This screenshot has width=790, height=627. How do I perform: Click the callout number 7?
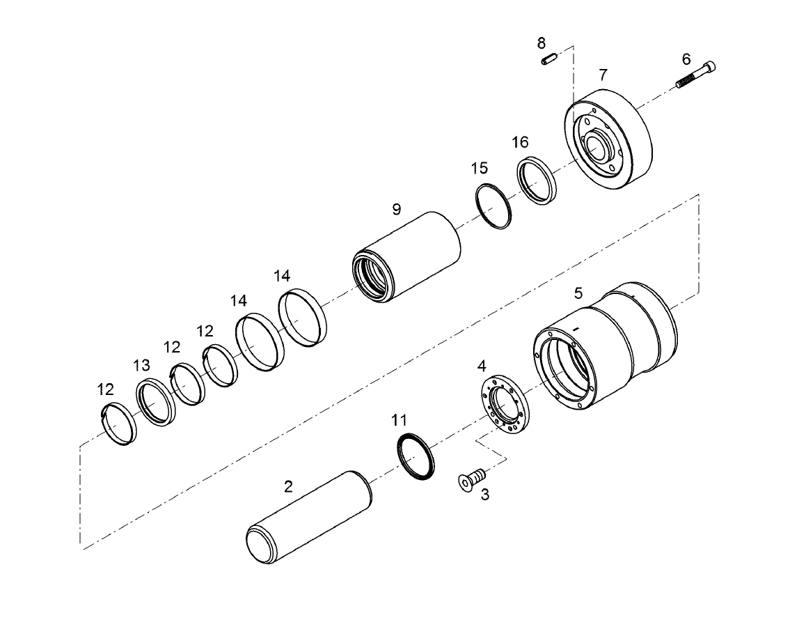[603, 74]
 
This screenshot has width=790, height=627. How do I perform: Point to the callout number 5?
[578, 293]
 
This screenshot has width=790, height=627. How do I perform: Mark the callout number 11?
[398, 420]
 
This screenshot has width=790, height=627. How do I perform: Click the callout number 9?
[397, 208]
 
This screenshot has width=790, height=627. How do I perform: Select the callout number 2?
[288, 486]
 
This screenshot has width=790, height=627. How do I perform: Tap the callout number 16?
[520, 142]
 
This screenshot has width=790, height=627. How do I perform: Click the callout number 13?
[141, 365]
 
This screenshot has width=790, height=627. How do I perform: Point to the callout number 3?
[485, 495]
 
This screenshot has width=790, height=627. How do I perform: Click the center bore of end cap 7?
[598, 148]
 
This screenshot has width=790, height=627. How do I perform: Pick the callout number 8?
[542, 43]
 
